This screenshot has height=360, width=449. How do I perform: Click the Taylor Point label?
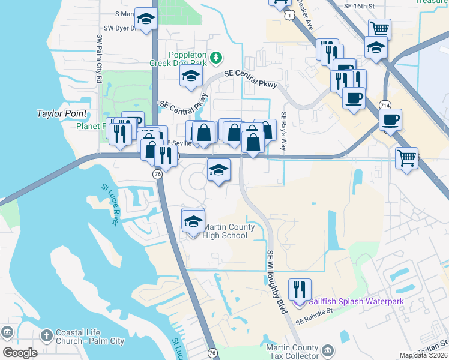pyautogui.click(x=62, y=113)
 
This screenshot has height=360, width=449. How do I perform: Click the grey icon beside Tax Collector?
pyautogui.click(x=327, y=350)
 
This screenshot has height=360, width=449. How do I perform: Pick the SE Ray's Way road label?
pyautogui.click(x=284, y=132)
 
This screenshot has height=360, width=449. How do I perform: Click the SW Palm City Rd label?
pyautogui.click(x=99, y=58)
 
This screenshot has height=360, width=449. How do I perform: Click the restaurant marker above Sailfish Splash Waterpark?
pyautogui.click(x=299, y=289)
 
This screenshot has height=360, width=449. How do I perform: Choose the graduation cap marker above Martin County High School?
pyautogui.click(x=193, y=221)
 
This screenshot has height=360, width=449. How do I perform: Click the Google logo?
pyautogui.click(x=20, y=353)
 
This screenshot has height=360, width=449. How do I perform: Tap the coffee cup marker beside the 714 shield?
pyautogui.click(x=390, y=119)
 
